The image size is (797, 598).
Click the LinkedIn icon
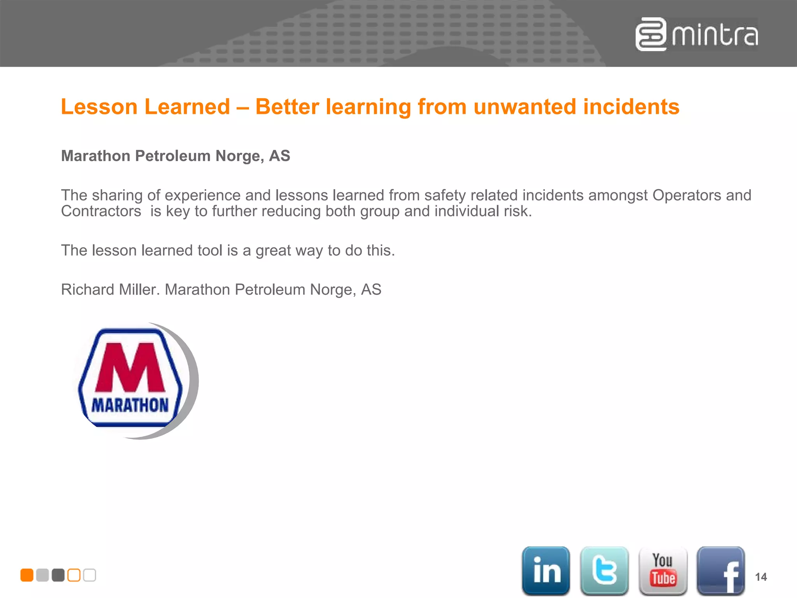pos(546,570)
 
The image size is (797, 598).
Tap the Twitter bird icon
pos(604,570)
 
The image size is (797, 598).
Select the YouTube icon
pos(663,570)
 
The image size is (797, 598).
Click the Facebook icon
pos(721,570)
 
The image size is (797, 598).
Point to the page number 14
pos(761,577)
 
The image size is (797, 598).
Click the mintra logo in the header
pos(697,34)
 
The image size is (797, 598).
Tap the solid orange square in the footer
pos(27,575)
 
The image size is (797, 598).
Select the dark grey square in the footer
pos(58,575)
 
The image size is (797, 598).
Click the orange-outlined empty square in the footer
pos(74,575)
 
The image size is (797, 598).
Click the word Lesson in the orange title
pos(99,107)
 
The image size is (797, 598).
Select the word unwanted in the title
pos(525,107)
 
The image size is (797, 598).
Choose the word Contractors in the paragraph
pos(101,211)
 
